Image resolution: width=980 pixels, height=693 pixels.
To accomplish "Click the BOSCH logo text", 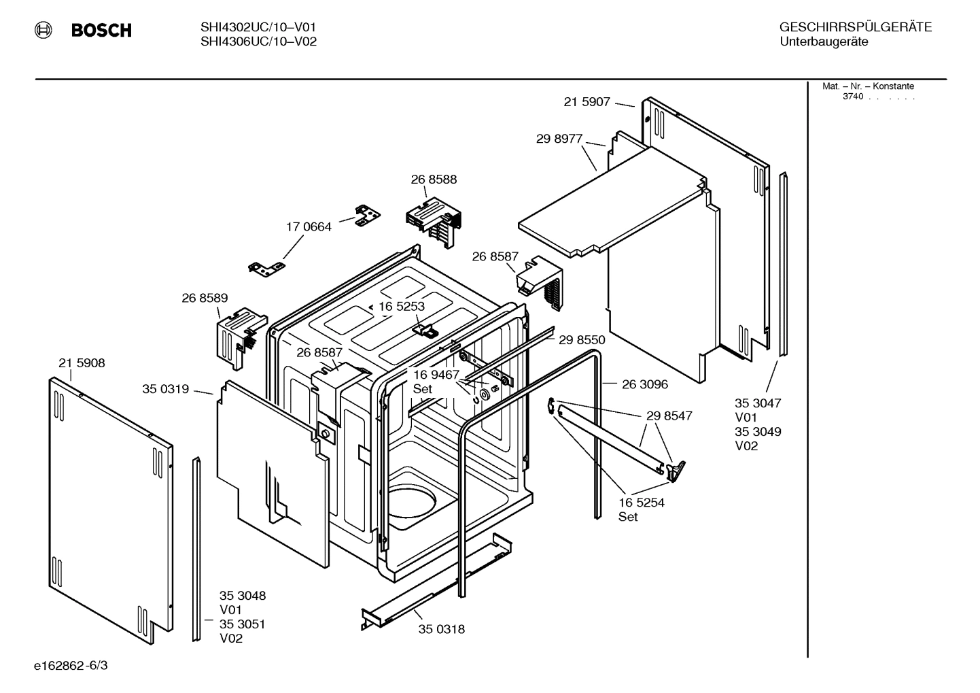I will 101,31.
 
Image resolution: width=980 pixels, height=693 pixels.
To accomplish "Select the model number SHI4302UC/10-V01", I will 258,27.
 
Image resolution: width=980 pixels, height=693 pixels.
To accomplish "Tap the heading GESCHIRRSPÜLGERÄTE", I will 855,27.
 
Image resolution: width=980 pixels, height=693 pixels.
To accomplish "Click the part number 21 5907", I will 587,102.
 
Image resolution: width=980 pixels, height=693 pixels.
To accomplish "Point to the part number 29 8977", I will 559,139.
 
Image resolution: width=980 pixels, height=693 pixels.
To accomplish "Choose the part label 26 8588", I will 434,180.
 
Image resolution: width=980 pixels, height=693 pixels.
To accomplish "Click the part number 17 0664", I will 309,227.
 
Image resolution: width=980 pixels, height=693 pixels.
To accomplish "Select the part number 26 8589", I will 205,298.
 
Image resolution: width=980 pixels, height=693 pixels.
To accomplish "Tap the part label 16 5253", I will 401,307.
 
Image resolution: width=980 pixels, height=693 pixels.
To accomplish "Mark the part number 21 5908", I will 82,363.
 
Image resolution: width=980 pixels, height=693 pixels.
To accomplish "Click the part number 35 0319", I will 165,389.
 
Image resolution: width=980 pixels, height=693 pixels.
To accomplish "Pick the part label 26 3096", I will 644,384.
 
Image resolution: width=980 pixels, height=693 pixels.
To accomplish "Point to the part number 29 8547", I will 669,416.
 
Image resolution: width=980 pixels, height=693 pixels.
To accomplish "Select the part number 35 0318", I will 441,629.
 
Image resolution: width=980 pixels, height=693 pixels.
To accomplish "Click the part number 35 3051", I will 242,624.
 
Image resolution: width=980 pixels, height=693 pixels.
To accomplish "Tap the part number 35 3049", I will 758,432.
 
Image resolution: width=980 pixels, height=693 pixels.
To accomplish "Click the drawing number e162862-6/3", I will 71,665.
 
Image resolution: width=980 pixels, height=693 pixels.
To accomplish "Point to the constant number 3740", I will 852,97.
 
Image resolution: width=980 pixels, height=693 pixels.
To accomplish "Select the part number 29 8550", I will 582,339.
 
